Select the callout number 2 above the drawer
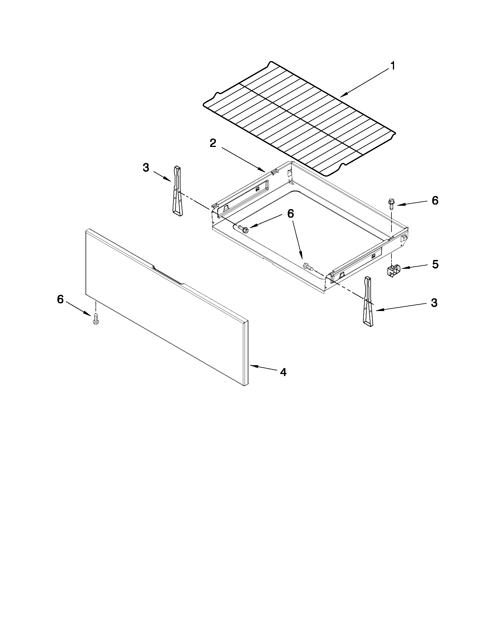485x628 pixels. (x=213, y=143)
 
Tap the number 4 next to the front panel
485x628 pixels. (x=283, y=372)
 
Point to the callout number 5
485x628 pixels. (x=435, y=264)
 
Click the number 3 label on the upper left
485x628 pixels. (x=146, y=167)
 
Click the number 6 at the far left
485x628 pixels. (x=60, y=299)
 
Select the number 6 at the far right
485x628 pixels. (x=435, y=200)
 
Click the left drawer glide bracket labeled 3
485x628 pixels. (x=177, y=190)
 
